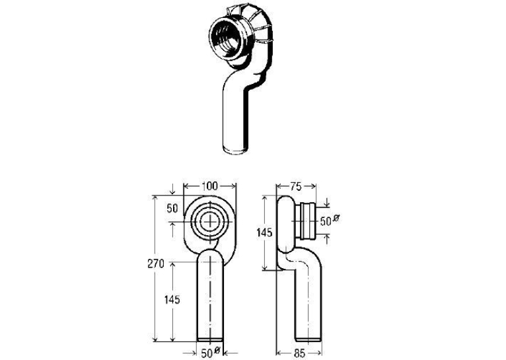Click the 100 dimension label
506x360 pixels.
(x=210, y=186)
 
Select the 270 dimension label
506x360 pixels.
(x=156, y=264)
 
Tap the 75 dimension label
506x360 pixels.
(x=295, y=186)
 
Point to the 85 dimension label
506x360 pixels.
(x=300, y=353)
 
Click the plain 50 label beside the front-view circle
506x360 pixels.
(x=172, y=208)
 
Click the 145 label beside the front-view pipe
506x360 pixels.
(x=172, y=300)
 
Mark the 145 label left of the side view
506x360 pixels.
(x=264, y=232)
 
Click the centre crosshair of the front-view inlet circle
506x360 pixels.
(x=211, y=221)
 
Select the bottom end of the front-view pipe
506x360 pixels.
(x=210, y=339)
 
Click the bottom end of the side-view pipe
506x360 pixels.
(x=308, y=339)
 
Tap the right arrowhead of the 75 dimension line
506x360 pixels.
(x=313, y=186)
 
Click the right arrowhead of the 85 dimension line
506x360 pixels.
(x=319, y=353)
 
